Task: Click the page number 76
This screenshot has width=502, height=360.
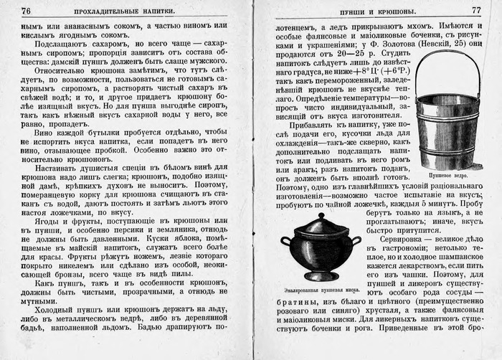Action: (27, 11)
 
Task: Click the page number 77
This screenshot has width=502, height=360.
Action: (475, 11)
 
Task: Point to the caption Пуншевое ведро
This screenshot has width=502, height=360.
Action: (447, 174)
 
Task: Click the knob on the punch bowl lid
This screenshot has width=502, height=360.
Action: (320, 216)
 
